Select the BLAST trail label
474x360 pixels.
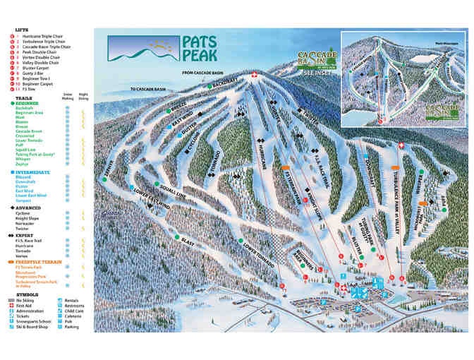[x=188, y=241]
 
